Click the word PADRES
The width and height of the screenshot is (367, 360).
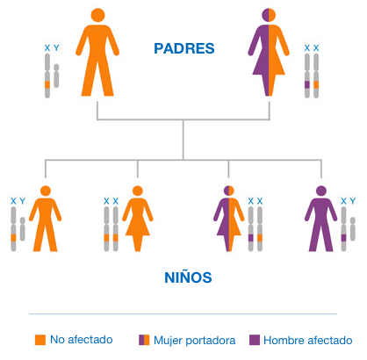click(x=184, y=48)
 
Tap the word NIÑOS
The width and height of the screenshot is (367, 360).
click(x=188, y=277)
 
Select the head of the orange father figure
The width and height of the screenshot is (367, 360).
click(x=97, y=15)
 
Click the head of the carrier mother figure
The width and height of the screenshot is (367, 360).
click(x=269, y=15)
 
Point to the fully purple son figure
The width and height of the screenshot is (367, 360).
click(x=321, y=219)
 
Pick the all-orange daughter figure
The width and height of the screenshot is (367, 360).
click(x=138, y=219)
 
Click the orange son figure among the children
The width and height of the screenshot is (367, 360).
click(x=46, y=219)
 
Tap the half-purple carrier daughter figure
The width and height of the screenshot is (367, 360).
click(x=229, y=219)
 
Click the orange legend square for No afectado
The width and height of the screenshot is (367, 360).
click(x=40, y=340)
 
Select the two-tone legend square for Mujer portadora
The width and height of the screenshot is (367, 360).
click(x=144, y=340)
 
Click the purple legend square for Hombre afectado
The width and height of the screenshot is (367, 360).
click(x=255, y=340)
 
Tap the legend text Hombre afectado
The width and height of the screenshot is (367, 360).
click(x=308, y=340)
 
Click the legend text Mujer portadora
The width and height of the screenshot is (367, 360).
click(x=195, y=341)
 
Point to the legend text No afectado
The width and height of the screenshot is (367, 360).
click(x=82, y=340)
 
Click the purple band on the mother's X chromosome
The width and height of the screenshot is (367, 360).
click(x=307, y=84)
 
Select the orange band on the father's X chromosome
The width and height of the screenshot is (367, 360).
click(x=47, y=84)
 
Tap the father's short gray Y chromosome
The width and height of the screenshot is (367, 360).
click(x=56, y=76)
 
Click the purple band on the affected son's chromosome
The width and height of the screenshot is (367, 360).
click(x=343, y=238)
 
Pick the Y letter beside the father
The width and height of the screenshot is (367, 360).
click(x=56, y=47)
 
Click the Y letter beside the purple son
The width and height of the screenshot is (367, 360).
click(x=353, y=201)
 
